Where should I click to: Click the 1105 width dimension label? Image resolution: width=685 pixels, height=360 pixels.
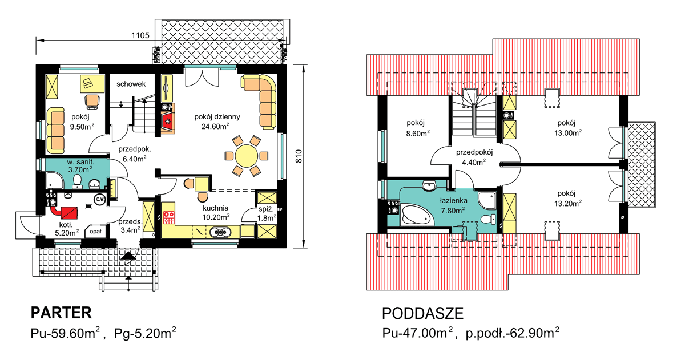[140, 36]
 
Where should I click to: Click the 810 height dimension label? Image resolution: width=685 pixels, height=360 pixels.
[299, 156]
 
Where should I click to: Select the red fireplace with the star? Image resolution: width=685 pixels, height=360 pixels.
[168, 122]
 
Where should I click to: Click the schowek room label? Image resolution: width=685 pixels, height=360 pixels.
[131, 84]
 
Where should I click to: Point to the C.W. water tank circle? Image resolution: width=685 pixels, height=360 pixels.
[100, 200]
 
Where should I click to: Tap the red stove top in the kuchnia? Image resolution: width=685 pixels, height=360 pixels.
[168, 217]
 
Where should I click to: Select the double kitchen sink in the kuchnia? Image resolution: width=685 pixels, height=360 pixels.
[220, 232]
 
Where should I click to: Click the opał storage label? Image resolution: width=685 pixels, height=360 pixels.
[95, 232]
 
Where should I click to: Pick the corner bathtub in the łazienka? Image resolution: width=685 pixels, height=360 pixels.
[417, 215]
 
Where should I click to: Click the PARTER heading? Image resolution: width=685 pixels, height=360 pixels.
[61, 313]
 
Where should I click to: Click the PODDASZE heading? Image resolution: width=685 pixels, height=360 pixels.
[422, 314]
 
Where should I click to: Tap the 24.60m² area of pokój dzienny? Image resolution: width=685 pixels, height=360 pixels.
[215, 126]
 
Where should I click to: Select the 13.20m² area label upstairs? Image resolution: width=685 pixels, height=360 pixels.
[568, 203]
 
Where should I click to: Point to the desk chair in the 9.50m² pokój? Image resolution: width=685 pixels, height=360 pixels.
[92, 102]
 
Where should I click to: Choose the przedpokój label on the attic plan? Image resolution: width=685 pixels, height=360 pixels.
[474, 152]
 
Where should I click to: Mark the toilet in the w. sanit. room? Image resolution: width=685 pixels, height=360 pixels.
[78, 181]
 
